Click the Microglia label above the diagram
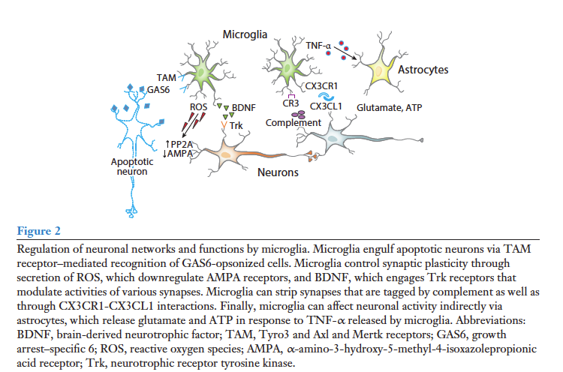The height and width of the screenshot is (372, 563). point(245,34)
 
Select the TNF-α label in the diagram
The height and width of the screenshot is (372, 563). point(319,46)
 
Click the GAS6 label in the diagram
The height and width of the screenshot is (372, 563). point(159,90)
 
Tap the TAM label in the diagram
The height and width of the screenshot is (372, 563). point(167,77)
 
